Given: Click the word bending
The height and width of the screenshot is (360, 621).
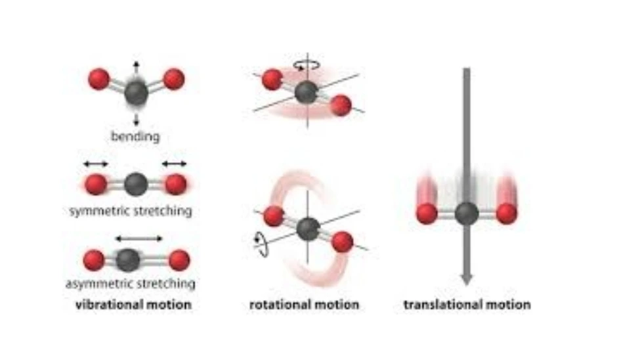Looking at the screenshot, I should (x=136, y=137).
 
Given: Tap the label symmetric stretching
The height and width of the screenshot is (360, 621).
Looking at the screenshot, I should (x=131, y=211).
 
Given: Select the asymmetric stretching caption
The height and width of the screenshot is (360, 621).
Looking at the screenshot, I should (x=131, y=284).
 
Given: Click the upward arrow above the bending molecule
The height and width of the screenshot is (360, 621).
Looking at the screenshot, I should (x=136, y=66).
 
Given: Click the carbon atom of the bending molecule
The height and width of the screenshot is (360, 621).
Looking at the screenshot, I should (x=137, y=93).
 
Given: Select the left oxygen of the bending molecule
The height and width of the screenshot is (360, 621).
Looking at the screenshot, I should (x=98, y=79).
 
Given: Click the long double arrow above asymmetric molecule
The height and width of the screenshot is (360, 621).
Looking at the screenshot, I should (x=138, y=238).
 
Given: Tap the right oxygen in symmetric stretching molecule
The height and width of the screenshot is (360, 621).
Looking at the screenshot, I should (x=175, y=185).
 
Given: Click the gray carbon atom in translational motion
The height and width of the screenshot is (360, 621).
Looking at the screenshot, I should (x=467, y=214).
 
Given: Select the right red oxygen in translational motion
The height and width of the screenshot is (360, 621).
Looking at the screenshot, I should (x=507, y=214).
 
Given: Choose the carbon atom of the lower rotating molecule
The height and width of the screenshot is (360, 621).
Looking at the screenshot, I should (x=307, y=229).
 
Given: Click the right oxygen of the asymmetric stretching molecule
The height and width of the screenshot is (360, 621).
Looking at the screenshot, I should (x=179, y=261).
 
